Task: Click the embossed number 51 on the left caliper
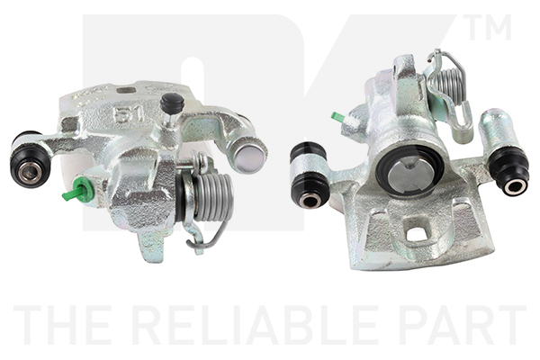coord(129,114)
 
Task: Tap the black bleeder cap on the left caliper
coord(172,103)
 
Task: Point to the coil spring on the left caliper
coord(212,197)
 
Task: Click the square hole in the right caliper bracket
coord(417,235)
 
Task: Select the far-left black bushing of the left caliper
coord(31,159)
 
